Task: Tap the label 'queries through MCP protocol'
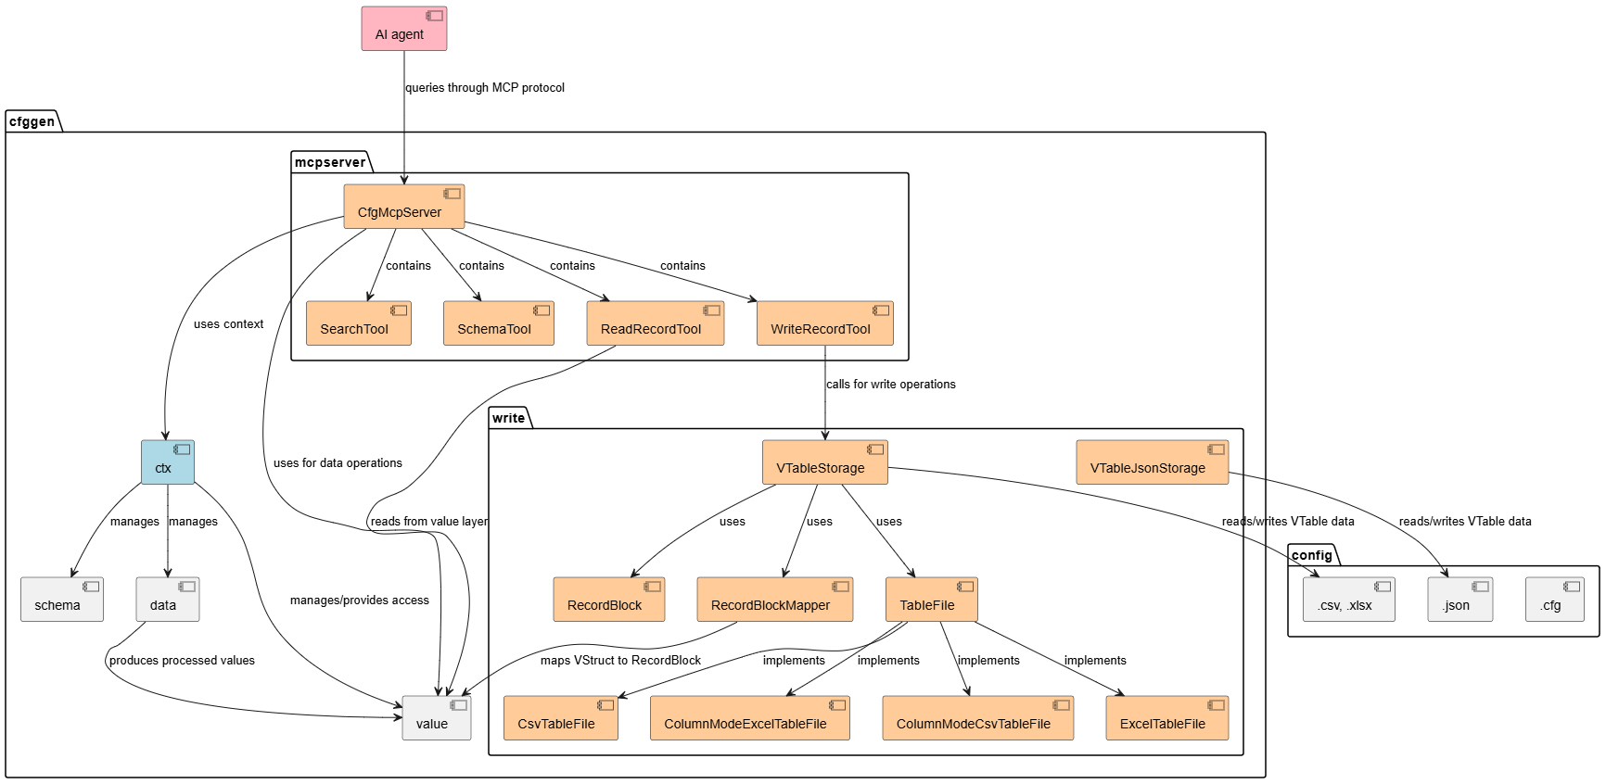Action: coord(485,88)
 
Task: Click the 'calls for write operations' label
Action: coord(890,385)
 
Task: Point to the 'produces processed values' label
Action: coord(182,661)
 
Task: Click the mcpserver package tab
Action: coord(330,163)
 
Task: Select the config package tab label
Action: coord(1311,556)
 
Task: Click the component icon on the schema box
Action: coord(91,587)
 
